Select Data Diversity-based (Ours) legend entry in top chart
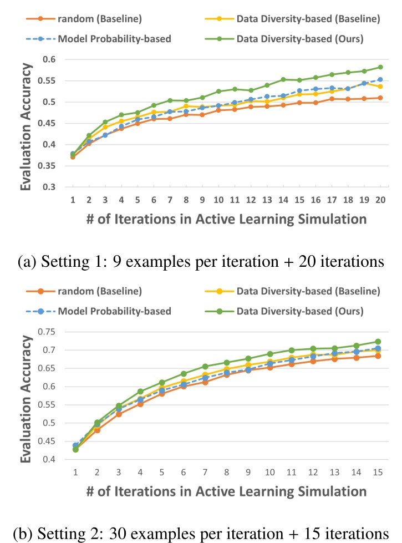point(299,39)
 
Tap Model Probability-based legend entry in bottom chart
point(106,311)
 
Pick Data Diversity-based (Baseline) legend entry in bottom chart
point(308,291)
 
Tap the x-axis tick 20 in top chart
point(380,199)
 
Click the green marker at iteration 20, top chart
point(380,67)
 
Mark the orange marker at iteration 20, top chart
point(380,98)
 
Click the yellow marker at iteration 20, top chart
point(380,87)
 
